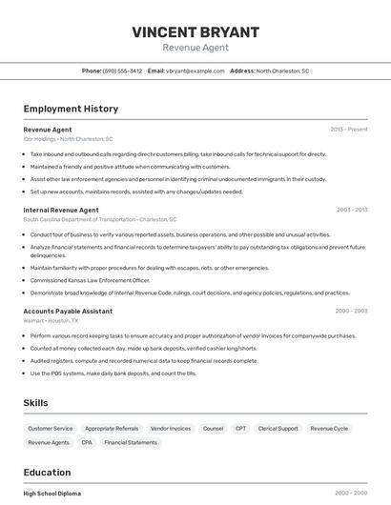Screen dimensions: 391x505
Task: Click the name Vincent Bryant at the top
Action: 195,31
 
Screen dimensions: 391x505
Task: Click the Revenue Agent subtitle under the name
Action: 195,48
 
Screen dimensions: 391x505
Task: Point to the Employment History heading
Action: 71,109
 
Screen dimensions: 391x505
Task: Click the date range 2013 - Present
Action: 348,129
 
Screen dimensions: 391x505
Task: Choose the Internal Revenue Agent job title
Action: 61,210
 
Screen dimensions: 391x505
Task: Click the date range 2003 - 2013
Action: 351,210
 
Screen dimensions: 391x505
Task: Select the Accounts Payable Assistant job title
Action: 68,311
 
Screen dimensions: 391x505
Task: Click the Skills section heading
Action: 35,403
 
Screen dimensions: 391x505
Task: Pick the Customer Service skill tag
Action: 50,429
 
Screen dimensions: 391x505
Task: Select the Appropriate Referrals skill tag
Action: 112,429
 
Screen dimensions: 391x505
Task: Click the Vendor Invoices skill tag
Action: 171,429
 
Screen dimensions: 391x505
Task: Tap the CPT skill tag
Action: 240,429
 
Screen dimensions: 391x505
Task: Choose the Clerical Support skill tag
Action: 278,429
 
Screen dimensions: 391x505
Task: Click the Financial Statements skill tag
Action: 131,443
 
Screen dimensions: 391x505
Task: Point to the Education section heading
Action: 47,473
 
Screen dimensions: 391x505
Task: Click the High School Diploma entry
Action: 52,494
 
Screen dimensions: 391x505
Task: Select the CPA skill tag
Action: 87,443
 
